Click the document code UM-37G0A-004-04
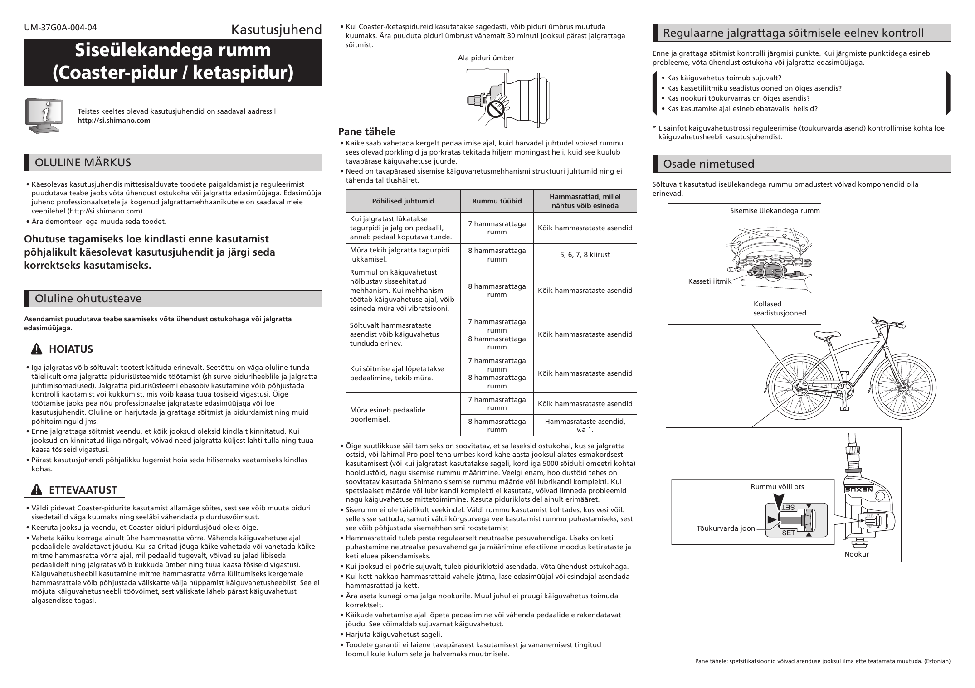click(60, 27)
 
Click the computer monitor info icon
click(44, 116)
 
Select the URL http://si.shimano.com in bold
click(114, 121)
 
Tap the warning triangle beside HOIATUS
click(36, 349)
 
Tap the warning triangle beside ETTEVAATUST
click(36, 490)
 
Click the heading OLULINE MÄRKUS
click(83, 163)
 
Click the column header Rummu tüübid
click(497, 201)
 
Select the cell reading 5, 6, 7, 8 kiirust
click(585, 255)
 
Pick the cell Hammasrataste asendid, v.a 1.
click(585, 426)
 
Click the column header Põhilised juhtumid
click(403, 201)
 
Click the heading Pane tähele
click(367, 132)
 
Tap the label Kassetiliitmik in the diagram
click(710, 281)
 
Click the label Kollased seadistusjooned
click(780, 309)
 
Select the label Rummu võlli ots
click(777, 487)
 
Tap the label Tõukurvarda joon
click(726, 528)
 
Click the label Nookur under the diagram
click(857, 554)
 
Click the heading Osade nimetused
click(709, 164)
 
